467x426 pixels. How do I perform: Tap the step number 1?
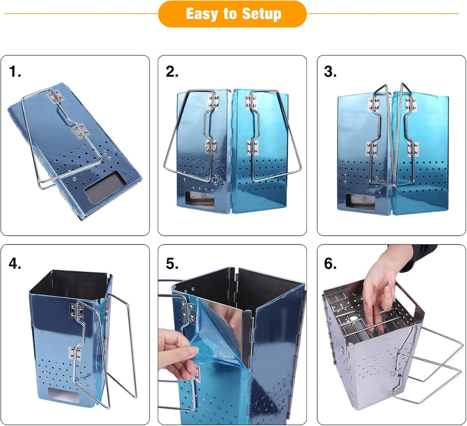click(15, 72)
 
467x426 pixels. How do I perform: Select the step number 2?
click(172, 72)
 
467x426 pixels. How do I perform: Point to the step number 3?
click(330, 72)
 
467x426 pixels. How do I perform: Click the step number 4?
click(15, 263)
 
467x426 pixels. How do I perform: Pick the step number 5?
click(172, 264)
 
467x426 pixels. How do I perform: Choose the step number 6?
click(330, 264)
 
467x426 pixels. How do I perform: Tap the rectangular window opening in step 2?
click(200, 199)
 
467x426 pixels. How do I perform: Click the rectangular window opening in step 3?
click(361, 202)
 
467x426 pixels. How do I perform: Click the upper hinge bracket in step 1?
click(56, 96)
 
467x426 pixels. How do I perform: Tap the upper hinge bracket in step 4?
click(77, 310)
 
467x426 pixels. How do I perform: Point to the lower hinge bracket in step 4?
click(75, 353)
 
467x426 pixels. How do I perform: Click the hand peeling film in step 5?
click(178, 353)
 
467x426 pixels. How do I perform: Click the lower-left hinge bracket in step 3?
click(372, 149)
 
